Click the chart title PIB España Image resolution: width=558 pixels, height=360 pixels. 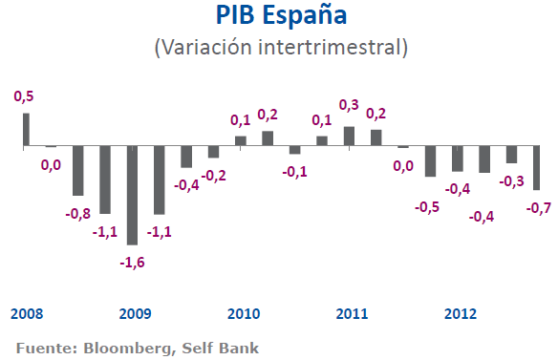click(x=280, y=17)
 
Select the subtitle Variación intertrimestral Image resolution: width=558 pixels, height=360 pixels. click(x=280, y=46)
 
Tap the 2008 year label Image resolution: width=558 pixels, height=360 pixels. click(x=27, y=313)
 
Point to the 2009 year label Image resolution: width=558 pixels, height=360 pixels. click(x=135, y=313)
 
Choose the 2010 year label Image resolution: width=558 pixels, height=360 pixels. click(x=244, y=313)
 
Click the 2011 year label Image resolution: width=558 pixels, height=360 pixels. click(x=353, y=313)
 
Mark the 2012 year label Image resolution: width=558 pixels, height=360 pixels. click(x=461, y=313)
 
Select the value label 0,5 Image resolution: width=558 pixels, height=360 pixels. click(x=24, y=96)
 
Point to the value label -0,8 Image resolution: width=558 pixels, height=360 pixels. click(x=77, y=212)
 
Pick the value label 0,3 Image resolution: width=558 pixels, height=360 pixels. click(x=350, y=105)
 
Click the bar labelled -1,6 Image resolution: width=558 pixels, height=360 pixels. click(x=132, y=196)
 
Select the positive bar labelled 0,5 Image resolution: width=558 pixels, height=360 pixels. click(x=26, y=130)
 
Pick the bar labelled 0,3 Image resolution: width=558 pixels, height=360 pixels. click(x=349, y=137)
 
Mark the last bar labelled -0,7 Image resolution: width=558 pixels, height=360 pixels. click(x=537, y=168)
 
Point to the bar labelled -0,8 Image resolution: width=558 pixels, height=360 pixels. click(x=78, y=171)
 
